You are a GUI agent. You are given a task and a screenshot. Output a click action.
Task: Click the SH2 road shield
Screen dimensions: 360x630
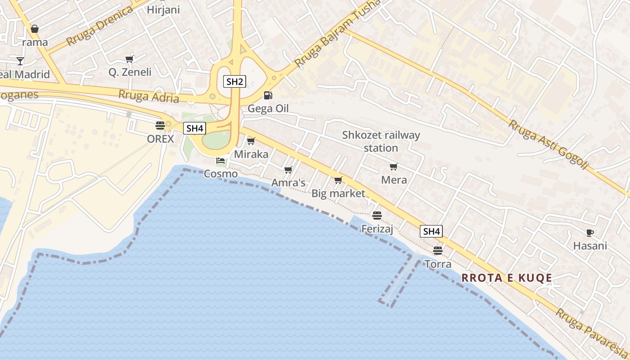pyautogui.click(x=234, y=81)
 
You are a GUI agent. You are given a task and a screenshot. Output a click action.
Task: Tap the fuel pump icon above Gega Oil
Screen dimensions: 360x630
pyautogui.click(x=268, y=95)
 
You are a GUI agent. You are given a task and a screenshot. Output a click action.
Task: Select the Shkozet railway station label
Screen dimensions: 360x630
pyautogui.click(x=381, y=141)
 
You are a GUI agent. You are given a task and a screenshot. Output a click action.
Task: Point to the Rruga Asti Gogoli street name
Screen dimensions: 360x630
pyautogui.click(x=548, y=144)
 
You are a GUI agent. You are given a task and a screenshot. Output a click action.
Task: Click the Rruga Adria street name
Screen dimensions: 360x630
pyautogui.click(x=148, y=96)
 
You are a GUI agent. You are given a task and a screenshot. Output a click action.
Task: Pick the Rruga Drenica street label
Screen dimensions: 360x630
pyautogui.click(x=99, y=26)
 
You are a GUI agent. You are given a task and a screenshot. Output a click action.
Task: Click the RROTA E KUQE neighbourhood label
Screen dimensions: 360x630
pyautogui.click(x=507, y=278)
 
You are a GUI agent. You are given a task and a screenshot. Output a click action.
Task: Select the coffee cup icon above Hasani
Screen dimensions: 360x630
pyautogui.click(x=590, y=233)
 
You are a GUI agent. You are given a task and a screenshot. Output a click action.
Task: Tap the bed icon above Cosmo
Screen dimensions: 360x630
pyautogui.click(x=220, y=160)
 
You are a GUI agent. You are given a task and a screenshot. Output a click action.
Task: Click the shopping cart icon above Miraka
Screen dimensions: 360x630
pyautogui.click(x=251, y=141)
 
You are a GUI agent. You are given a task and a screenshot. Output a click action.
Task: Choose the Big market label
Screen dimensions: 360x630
pyautogui.click(x=338, y=193)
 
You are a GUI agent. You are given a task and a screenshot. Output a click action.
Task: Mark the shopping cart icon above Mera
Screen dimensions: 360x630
pyautogui.click(x=394, y=166)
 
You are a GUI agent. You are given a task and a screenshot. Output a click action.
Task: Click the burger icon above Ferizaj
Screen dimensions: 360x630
pyautogui.click(x=377, y=216)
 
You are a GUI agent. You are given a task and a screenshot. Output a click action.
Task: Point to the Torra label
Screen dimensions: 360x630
pyautogui.click(x=438, y=264)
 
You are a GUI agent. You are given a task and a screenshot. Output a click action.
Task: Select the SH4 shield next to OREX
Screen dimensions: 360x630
pyautogui.click(x=194, y=128)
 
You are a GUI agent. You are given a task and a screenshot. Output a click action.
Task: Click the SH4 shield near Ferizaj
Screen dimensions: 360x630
pyautogui.click(x=431, y=231)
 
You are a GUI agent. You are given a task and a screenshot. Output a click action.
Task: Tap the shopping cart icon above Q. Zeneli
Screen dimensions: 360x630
pyautogui.click(x=130, y=59)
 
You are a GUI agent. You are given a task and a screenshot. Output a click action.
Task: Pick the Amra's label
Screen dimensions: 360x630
pyautogui.click(x=288, y=183)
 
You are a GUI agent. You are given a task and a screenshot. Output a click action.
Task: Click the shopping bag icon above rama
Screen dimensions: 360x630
pyautogui.click(x=35, y=29)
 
